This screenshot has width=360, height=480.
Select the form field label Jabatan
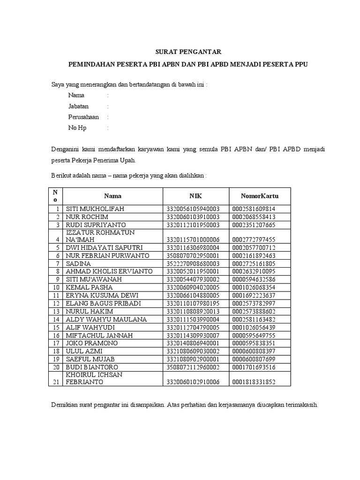78,106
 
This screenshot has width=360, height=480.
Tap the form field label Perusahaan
83,117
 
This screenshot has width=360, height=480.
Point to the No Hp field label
77,128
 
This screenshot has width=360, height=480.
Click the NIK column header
195,196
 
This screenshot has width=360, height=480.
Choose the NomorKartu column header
260,196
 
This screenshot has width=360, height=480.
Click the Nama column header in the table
112,196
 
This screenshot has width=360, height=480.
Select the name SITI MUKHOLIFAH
95,209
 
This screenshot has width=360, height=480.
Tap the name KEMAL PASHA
88,287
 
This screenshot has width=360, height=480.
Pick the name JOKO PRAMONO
92,343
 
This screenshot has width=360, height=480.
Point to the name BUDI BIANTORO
92,367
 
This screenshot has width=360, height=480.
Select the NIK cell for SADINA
193,264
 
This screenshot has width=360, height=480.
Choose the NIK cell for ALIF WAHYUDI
193,327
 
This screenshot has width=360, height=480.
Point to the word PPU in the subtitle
301,65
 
